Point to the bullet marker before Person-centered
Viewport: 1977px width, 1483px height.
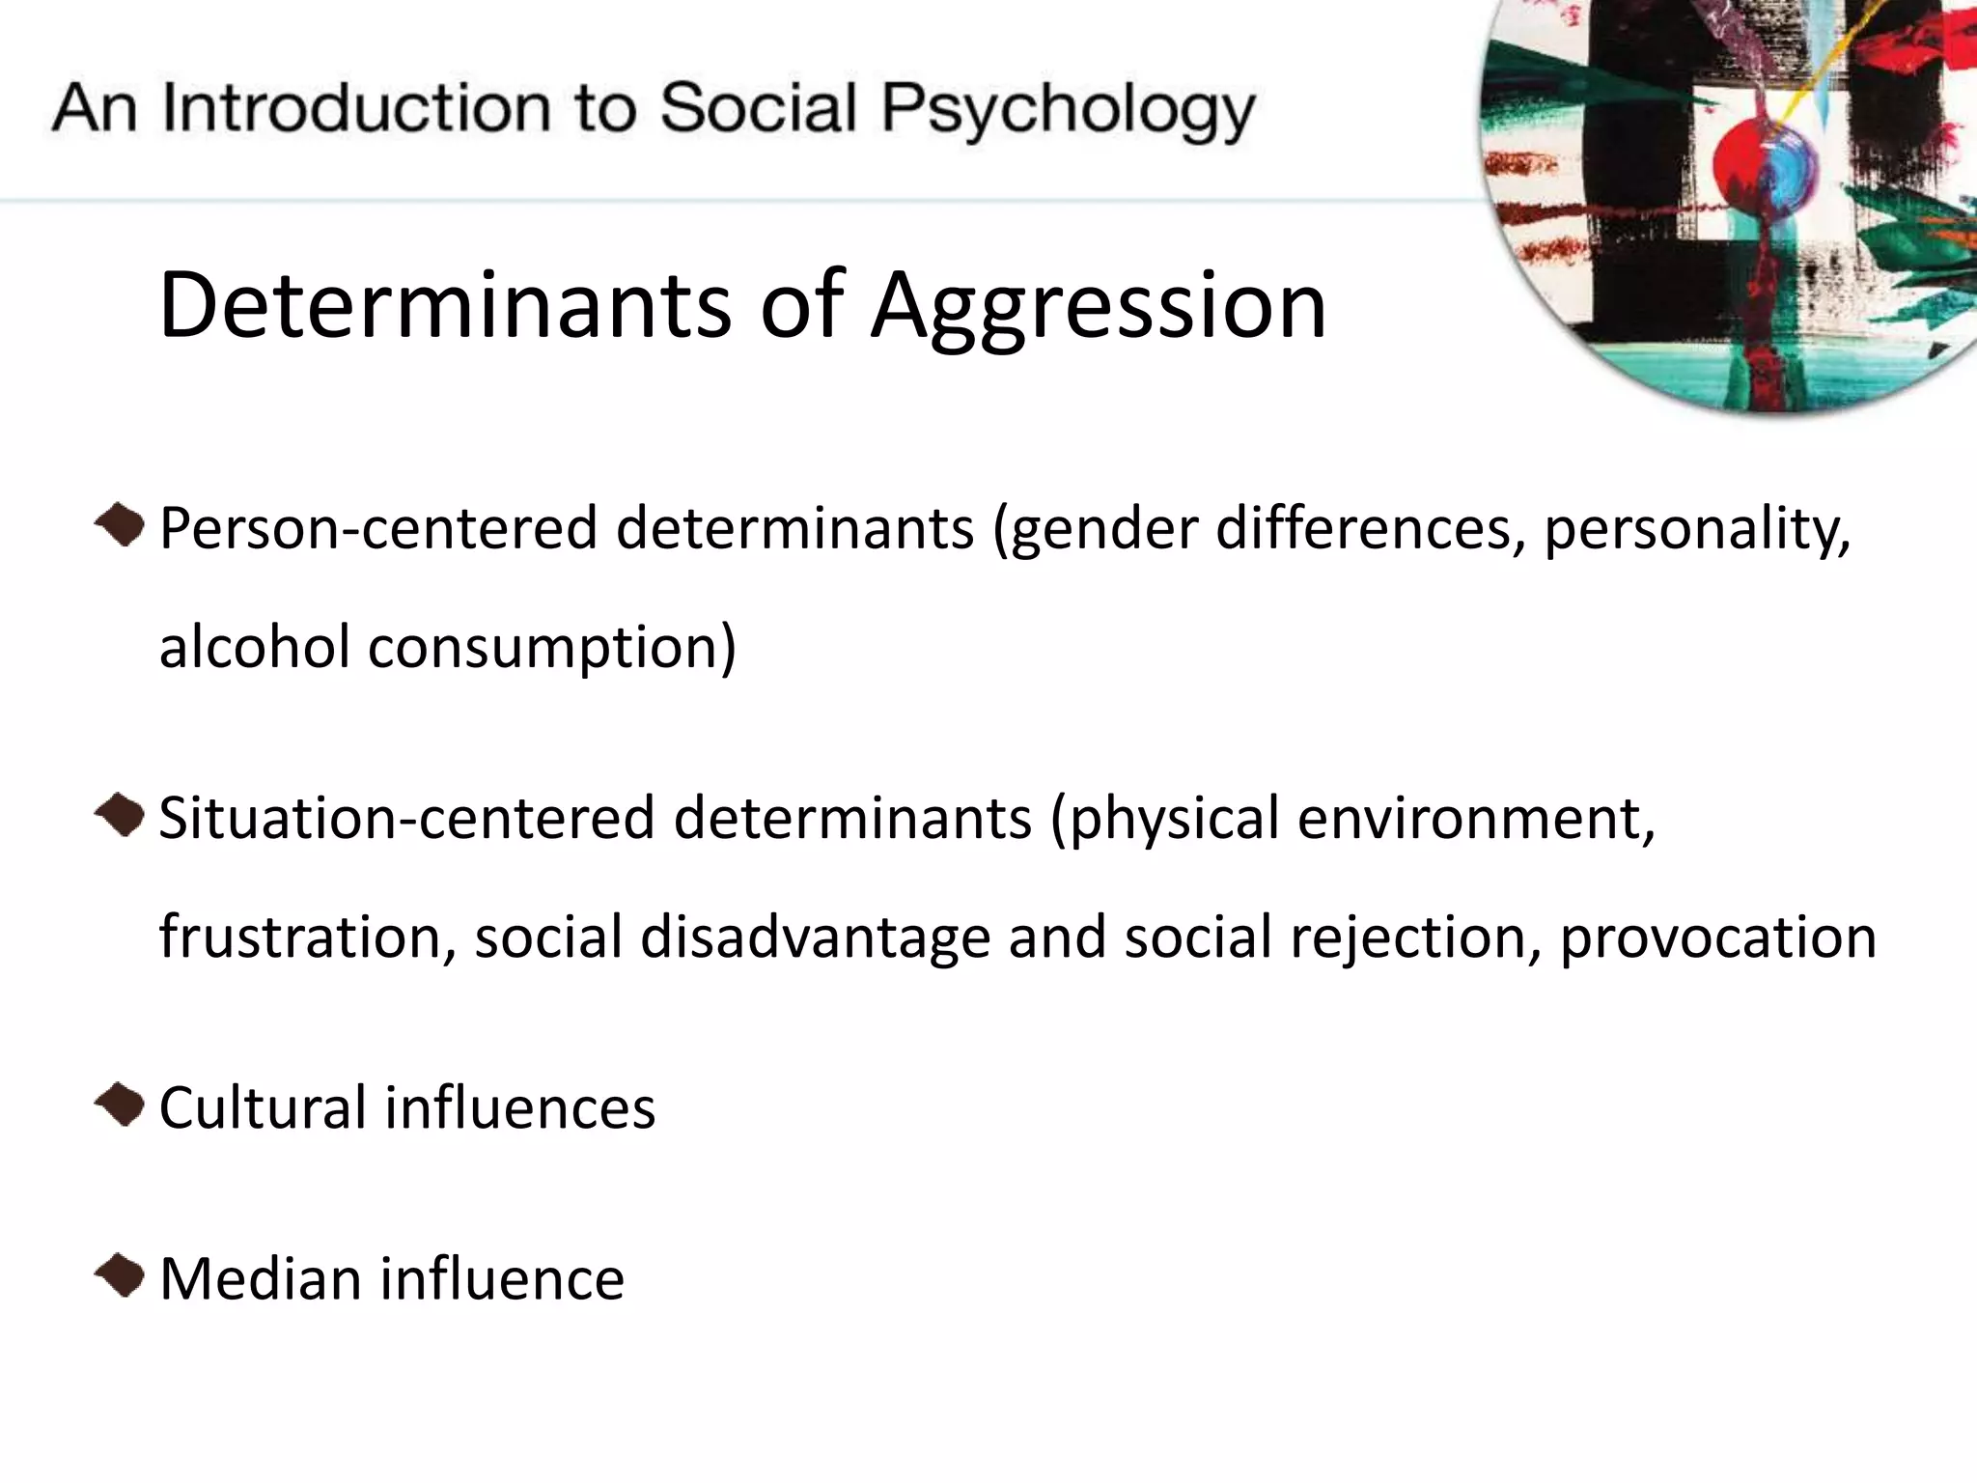[120, 525]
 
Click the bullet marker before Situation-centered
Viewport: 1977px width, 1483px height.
[120, 816]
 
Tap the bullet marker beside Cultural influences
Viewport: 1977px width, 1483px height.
[120, 1105]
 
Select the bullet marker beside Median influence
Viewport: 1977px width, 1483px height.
[120, 1276]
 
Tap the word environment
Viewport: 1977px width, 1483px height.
[1476, 819]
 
